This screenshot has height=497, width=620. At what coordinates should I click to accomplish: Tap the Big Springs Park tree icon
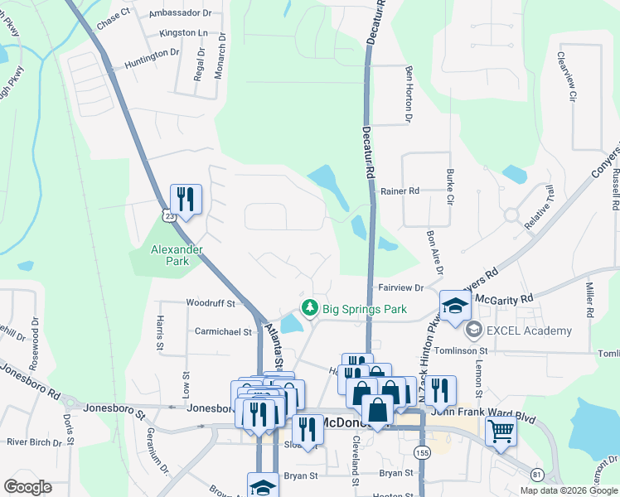pyautogui.click(x=310, y=309)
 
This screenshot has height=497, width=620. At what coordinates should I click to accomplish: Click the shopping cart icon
pyautogui.click(x=501, y=431)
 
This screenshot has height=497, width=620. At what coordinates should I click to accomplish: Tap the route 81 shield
pyautogui.click(x=538, y=474)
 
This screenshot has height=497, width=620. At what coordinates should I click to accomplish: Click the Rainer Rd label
pyautogui.click(x=400, y=191)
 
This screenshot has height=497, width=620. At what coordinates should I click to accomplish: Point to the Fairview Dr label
pyautogui.click(x=401, y=288)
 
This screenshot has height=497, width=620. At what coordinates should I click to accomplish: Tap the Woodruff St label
pyautogui.click(x=211, y=304)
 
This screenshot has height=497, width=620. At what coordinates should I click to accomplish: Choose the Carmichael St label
pyautogui.click(x=223, y=331)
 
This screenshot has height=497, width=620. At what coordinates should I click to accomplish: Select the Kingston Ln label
pyautogui.click(x=184, y=33)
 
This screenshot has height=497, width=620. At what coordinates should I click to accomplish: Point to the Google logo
pyautogui.click(x=28, y=487)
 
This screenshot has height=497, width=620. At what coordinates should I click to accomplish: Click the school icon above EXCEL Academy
pyautogui.click(x=455, y=306)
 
